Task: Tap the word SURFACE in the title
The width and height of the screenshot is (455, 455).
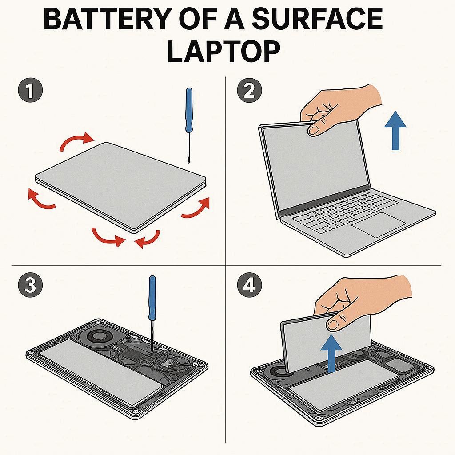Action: [x=317, y=19]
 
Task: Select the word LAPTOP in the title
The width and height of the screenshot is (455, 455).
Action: [x=224, y=52]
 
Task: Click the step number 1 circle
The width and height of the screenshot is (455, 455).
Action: [x=30, y=90]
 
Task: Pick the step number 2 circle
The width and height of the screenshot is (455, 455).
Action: [x=249, y=90]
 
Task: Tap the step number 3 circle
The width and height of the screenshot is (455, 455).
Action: [x=30, y=285]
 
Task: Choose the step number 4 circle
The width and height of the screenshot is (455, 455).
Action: [x=249, y=285]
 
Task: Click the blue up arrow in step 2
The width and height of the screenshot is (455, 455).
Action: [x=395, y=131]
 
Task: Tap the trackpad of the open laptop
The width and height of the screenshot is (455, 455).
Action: [x=379, y=224]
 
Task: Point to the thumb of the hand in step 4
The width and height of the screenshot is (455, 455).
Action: [x=337, y=323]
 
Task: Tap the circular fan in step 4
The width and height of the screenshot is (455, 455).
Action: [x=280, y=371]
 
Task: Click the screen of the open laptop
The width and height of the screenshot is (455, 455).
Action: [x=315, y=165]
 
